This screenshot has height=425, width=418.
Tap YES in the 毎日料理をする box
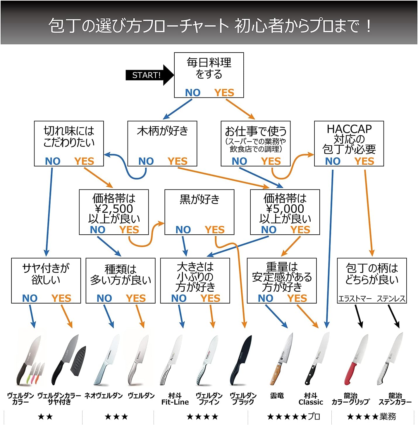tap(224, 93)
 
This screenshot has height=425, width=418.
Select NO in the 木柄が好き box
tap(146, 161)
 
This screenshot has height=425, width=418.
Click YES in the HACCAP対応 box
tap(364, 161)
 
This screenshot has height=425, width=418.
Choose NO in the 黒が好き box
tap(183, 230)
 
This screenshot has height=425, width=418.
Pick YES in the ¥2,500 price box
tap(129, 230)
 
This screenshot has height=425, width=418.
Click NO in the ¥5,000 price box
tap(269, 230)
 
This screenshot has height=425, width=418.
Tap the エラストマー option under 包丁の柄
tap(355, 299)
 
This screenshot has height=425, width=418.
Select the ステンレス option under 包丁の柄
tap(391, 299)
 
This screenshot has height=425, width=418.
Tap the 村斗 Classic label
tap(311, 399)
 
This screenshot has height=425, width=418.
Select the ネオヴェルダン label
tap(104, 396)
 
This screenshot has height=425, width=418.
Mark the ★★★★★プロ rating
tap(293, 417)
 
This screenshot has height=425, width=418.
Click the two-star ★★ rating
tap(45, 417)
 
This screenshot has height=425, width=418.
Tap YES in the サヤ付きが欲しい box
tap(61, 298)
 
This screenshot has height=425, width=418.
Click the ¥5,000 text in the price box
tap(285, 209)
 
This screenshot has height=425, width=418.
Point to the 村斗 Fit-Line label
tap(175, 399)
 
